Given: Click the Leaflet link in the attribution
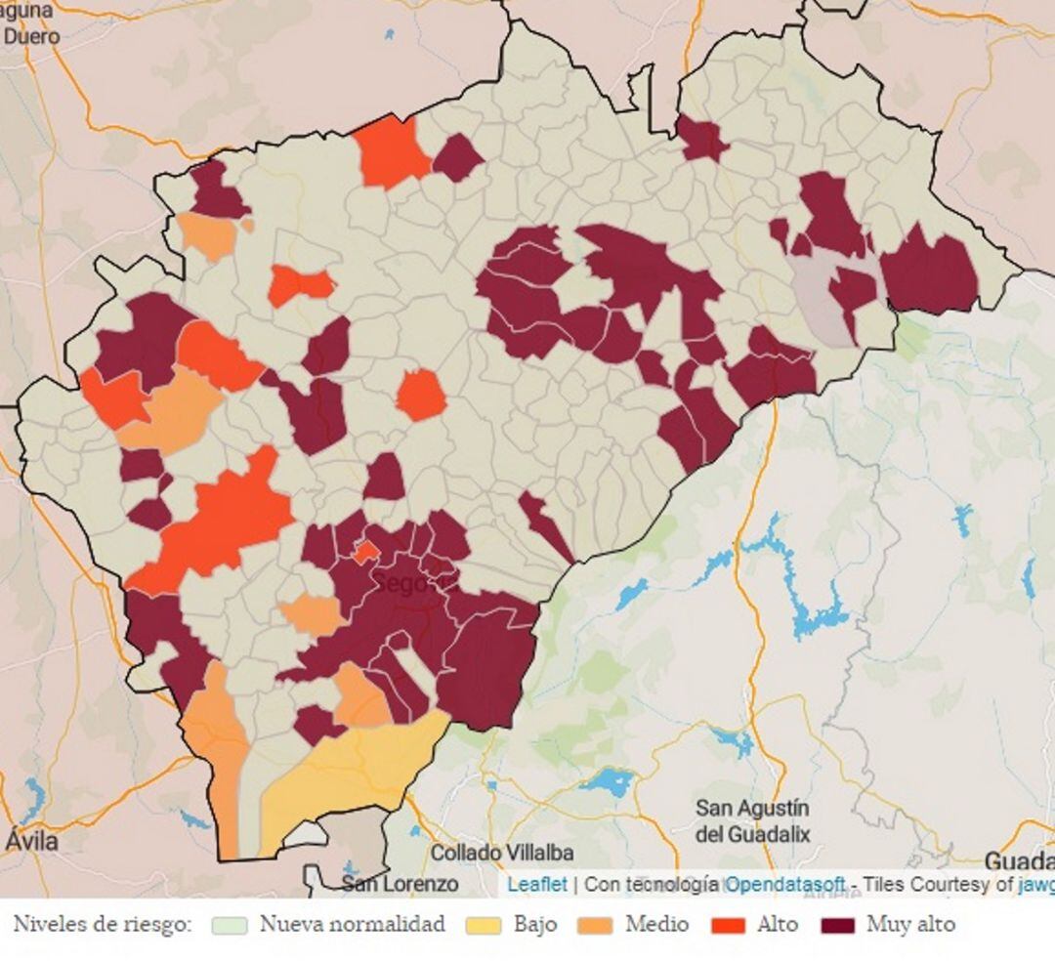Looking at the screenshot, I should point(536,884).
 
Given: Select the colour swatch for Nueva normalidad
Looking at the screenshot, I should point(231,925).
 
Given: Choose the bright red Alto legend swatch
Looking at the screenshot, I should point(729,925).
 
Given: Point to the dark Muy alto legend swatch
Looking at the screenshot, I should point(838,925).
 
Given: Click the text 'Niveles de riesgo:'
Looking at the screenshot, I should point(103,925).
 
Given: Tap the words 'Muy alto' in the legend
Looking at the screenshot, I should point(910,925).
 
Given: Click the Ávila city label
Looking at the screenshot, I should point(31,840).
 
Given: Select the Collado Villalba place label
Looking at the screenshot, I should point(502,853).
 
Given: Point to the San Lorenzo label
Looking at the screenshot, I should point(400,884).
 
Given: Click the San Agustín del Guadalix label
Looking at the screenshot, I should point(752,821).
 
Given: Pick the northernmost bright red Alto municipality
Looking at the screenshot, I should point(390,151).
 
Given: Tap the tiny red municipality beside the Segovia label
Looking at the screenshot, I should point(366,552).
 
